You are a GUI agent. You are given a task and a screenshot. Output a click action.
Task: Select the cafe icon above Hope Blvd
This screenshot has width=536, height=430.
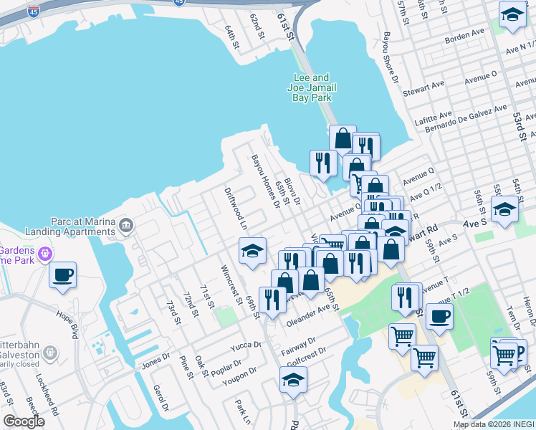pos(62,274)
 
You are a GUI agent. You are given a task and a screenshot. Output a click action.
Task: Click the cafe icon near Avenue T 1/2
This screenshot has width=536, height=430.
pos(439,315)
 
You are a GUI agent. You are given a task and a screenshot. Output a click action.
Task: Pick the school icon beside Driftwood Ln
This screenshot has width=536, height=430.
pos(252,251)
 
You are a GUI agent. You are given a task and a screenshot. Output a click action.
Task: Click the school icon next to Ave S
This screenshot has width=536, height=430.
pos(504,209)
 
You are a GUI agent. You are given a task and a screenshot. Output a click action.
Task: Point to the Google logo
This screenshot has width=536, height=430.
pos(24,421)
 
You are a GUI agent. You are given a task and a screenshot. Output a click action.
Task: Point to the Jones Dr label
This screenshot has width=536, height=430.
pos(155,364)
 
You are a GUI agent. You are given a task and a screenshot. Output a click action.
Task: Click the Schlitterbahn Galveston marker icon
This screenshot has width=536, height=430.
pos(50,353)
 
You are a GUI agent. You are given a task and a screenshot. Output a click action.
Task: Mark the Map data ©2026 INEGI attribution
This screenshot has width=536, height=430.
pos(494,424)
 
